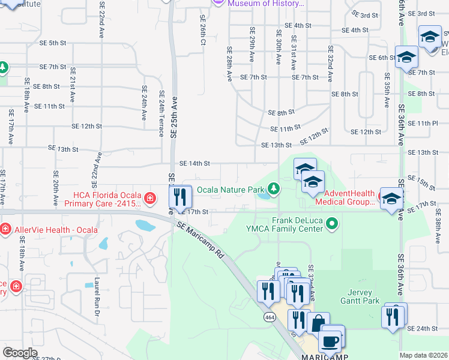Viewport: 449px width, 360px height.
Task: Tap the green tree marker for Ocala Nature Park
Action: [274, 190]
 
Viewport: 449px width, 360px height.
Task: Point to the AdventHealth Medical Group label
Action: [350, 197]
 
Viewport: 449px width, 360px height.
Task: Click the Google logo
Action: [20, 353]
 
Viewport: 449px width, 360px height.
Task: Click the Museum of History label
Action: [264, 4]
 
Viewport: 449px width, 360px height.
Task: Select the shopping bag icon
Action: [318, 323]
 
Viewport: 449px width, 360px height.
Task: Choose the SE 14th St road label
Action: [194, 163]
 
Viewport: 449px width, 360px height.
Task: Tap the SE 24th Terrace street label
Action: [161, 113]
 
